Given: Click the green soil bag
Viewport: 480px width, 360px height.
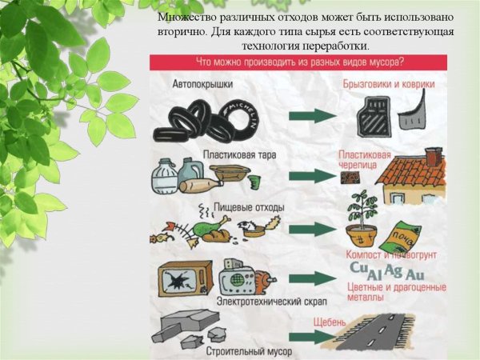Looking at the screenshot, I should (x=401, y=237).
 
